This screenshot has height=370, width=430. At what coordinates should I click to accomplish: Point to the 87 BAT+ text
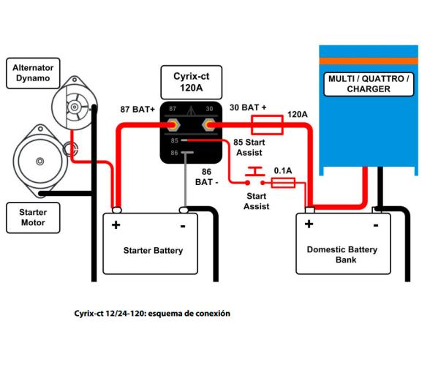137,110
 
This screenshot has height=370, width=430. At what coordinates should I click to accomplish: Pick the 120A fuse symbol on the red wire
267,125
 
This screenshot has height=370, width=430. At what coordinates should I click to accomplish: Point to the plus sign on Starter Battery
116,224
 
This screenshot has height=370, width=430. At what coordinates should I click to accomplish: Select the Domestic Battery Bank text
342,254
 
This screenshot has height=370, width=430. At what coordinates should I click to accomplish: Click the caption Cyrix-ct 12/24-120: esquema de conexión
152,313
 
